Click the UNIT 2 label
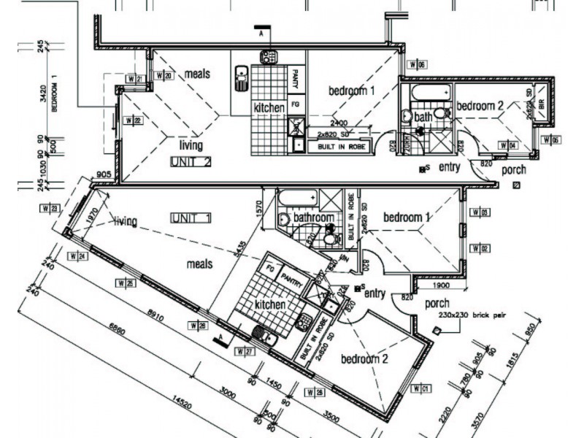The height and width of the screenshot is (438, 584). click(190, 161)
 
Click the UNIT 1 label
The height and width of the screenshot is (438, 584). click(191, 218)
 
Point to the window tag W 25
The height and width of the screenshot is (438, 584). click(125, 282)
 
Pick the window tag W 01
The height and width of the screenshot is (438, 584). click(421, 388)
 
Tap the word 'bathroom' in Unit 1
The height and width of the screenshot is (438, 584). click(314, 218)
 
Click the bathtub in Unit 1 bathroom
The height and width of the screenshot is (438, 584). click(297, 198)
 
